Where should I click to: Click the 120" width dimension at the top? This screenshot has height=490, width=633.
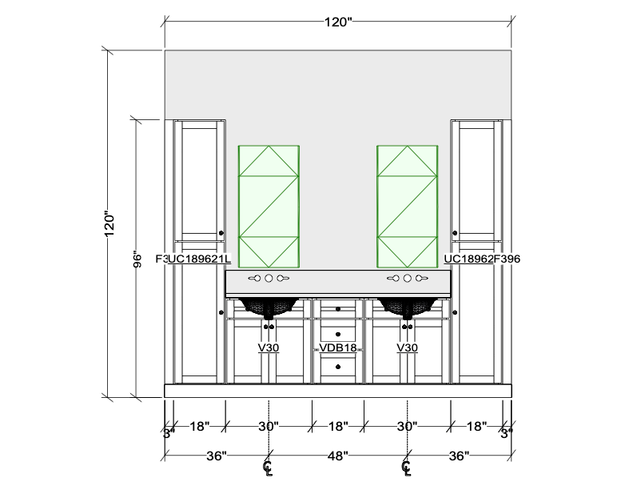tap(338, 22)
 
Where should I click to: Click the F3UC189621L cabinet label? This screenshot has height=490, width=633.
tap(193, 259)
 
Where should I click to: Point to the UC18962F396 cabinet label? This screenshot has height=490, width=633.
tap(482, 259)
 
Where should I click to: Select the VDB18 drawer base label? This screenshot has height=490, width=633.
tap(338, 348)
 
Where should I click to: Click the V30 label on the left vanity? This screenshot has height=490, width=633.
tap(269, 348)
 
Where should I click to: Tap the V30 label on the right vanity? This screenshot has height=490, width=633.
tap(408, 348)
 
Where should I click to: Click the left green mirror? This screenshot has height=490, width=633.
tap(269, 206)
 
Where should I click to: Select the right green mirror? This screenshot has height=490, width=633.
tap(408, 206)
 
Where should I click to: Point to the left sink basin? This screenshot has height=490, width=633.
tap(269, 306)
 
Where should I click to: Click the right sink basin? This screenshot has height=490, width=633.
tap(408, 306)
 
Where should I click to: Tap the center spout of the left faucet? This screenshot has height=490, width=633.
tap(269, 279)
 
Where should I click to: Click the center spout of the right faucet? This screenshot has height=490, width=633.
tap(408, 279)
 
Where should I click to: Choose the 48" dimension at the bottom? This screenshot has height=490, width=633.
tap(338, 456)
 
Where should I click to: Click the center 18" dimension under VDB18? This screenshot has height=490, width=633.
tap(338, 427)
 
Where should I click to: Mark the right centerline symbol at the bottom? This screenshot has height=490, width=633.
tap(407, 466)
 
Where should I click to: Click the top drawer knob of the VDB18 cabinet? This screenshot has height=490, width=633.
tap(338, 307)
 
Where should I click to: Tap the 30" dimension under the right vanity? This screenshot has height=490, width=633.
tap(408, 427)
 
